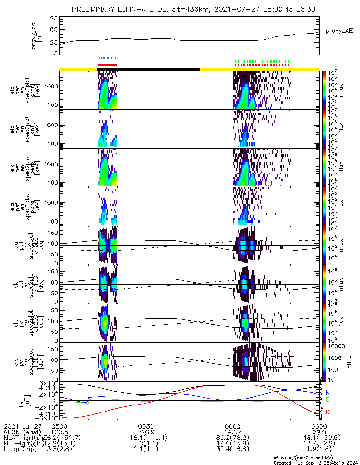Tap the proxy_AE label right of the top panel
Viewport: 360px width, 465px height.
point(340,30)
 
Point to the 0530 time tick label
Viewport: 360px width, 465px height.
point(146,426)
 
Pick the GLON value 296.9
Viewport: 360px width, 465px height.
point(146,432)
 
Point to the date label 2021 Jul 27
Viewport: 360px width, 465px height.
point(23,426)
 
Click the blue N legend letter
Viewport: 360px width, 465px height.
point(327,392)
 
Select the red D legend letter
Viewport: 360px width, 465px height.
point(327,412)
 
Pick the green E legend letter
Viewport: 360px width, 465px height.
point(327,399)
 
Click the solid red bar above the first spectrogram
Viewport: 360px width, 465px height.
point(107,65)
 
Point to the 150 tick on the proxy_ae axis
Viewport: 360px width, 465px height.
point(52,19)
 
